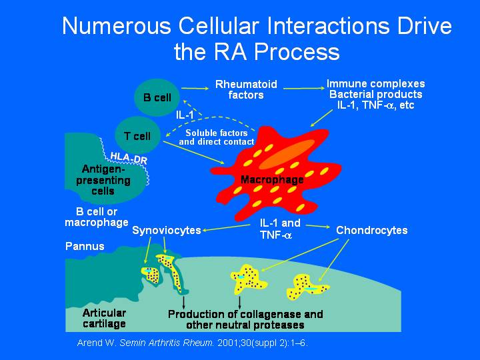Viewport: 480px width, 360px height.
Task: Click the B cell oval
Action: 157,97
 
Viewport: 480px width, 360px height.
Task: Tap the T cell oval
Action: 137,135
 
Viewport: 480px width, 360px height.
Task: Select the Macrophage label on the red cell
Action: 272,179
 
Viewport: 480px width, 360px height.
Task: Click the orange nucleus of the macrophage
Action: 287,154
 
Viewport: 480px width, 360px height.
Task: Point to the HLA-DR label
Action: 129,157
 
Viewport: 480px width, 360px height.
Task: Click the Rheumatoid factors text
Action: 246,89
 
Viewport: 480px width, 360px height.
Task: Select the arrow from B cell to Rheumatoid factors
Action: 195,89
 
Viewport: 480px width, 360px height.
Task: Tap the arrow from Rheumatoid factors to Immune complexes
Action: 304,89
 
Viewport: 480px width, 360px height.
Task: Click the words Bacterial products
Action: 375,94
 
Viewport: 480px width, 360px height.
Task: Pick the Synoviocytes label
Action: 167,230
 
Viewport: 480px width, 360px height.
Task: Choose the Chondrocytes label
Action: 372,230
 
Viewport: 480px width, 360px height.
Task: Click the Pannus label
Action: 85,246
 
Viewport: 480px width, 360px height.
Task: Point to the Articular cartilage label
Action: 104,319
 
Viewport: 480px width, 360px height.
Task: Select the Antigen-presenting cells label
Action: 103,180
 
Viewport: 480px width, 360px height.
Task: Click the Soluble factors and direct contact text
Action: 217,137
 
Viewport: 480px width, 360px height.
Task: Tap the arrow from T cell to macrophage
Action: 194,152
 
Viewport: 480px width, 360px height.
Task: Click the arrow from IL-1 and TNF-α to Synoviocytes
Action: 226,228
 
